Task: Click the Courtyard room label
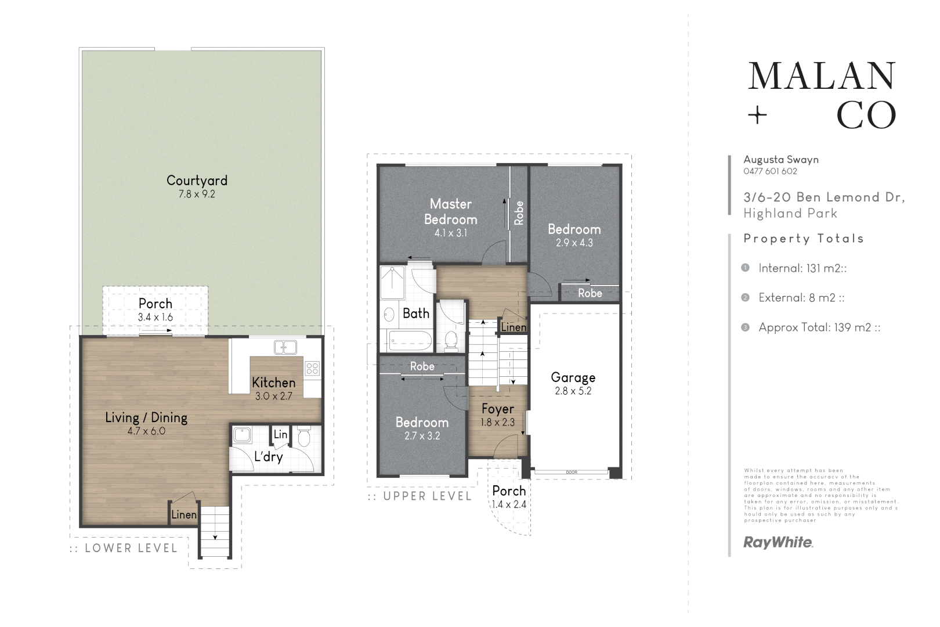197,181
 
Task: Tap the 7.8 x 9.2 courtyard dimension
197,194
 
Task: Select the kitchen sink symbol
285,347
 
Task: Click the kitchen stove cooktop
312,367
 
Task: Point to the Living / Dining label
146,417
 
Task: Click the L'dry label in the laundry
268,457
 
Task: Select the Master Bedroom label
450,211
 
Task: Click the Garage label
573,377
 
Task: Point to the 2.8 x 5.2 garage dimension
573,391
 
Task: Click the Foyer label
497,409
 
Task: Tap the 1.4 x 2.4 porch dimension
509,505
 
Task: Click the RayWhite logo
778,543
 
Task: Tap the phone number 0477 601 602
770,171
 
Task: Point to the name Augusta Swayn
781,160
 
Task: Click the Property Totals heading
804,239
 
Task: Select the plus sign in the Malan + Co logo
757,116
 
